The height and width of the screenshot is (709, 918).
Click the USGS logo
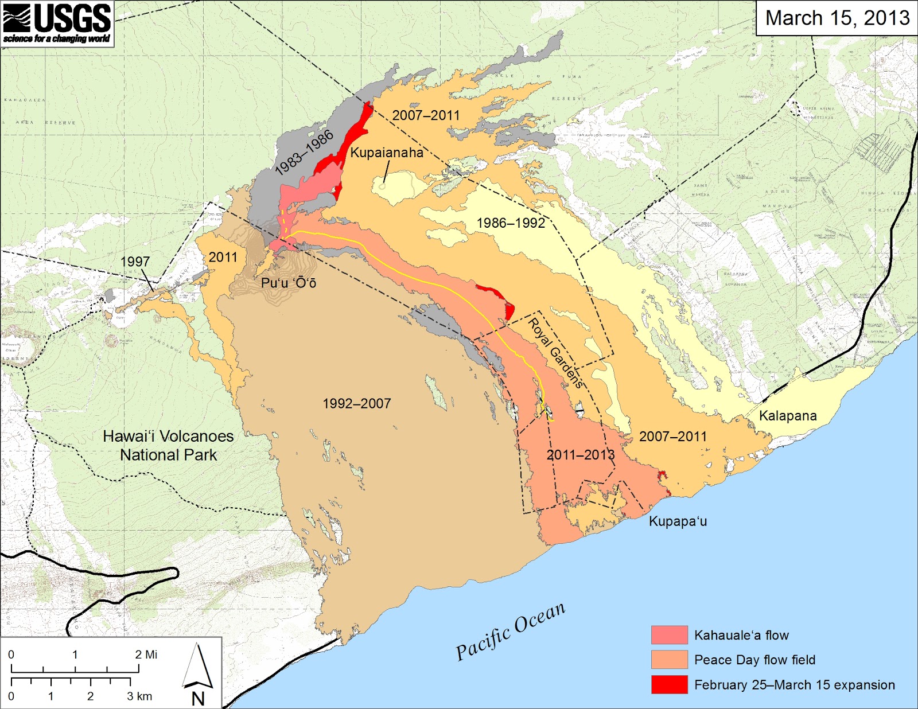click(x=57, y=23)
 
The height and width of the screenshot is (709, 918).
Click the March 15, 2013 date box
click(x=837, y=18)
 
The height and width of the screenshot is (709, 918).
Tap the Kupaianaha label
click(x=387, y=153)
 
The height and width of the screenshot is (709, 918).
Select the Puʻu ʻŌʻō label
click(x=288, y=283)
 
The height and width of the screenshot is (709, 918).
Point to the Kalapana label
click(x=788, y=416)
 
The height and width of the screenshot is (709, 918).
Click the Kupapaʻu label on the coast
click(x=678, y=521)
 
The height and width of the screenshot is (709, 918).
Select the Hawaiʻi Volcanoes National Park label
click(x=168, y=446)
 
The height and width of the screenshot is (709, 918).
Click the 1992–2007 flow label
click(x=356, y=404)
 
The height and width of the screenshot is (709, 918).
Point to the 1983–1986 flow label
click(x=304, y=153)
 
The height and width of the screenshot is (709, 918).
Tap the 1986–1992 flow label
click(x=511, y=223)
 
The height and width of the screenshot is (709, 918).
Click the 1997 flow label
click(x=135, y=262)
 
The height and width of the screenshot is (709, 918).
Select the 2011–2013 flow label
click(x=580, y=455)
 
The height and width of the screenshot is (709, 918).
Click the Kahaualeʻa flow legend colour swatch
click(x=669, y=635)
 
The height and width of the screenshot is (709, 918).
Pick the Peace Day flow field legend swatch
click(x=669, y=660)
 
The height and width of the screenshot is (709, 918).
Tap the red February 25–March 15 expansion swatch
click(x=669, y=684)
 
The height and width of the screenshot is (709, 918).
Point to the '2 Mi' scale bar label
click(x=146, y=655)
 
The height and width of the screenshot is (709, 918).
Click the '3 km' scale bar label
click(x=139, y=696)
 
